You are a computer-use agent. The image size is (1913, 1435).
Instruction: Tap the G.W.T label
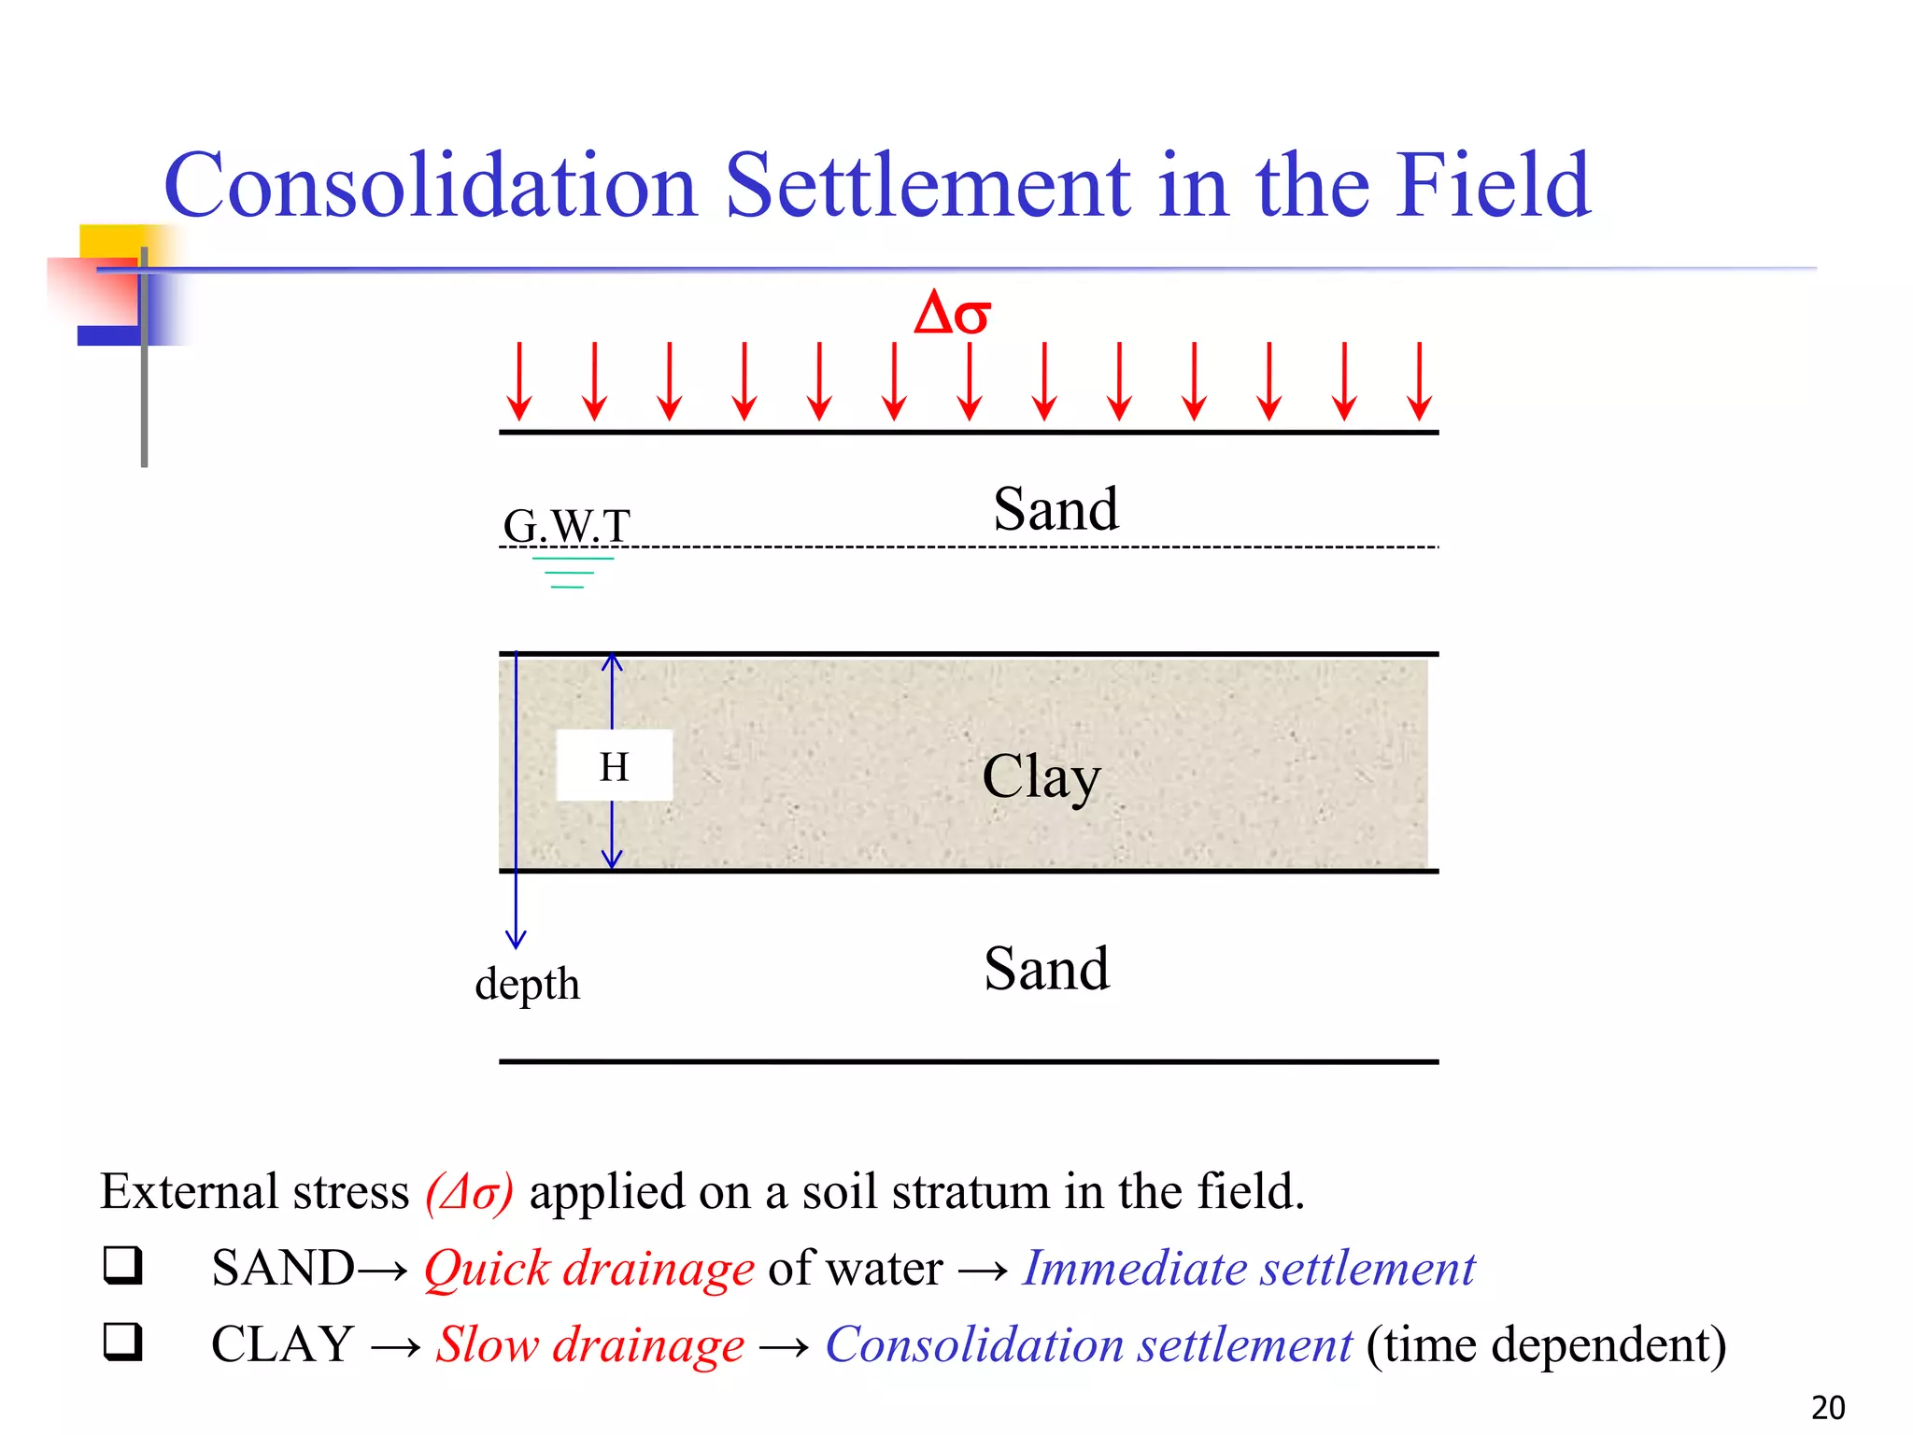pyautogui.click(x=566, y=525)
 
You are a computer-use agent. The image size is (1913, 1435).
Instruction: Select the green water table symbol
pyautogui.click(x=571, y=572)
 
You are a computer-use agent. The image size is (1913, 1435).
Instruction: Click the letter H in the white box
pyautogui.click(x=614, y=767)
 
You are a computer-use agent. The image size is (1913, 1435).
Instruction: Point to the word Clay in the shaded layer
pyautogui.click(x=1041, y=777)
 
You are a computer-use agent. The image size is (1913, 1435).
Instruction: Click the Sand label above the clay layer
pyautogui.click(x=1056, y=509)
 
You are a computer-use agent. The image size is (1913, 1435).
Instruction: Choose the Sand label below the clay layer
pyautogui.click(x=1046, y=969)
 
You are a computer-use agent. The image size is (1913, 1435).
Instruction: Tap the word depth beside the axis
pyautogui.click(x=527, y=984)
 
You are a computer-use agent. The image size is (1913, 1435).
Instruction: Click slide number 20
pyautogui.click(x=1828, y=1407)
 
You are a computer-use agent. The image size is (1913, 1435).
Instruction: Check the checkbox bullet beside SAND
pyautogui.click(x=122, y=1266)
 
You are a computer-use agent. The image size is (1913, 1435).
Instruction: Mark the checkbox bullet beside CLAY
pyautogui.click(x=122, y=1342)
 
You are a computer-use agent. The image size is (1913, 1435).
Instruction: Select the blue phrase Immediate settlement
pyautogui.click(x=1249, y=1268)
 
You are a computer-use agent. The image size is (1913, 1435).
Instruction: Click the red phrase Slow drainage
pyautogui.click(x=590, y=1344)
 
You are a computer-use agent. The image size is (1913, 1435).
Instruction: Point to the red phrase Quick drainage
pyautogui.click(x=588, y=1268)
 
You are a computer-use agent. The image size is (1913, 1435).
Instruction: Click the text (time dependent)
pyautogui.click(x=1546, y=1344)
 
